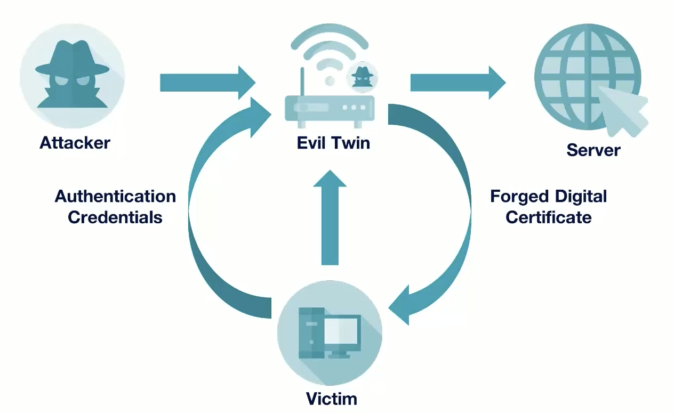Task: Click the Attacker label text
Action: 75,143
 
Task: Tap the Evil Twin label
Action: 333,143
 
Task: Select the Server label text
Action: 593,150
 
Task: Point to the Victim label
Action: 331,399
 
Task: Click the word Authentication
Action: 115,197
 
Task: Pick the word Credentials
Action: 115,217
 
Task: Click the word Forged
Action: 519,197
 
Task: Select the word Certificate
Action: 549,217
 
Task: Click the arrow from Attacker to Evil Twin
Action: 207,83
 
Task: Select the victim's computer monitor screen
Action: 341,331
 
